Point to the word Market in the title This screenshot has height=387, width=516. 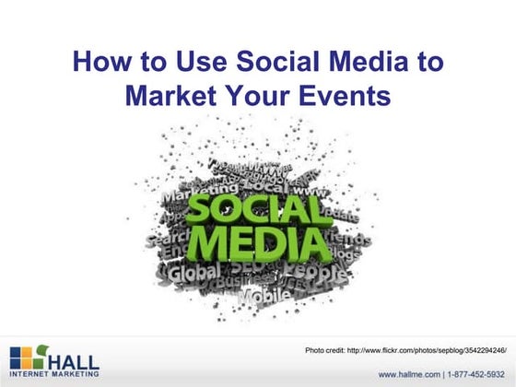point(170,95)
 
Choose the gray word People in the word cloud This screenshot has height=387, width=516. point(318,274)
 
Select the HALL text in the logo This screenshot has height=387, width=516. point(70,357)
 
